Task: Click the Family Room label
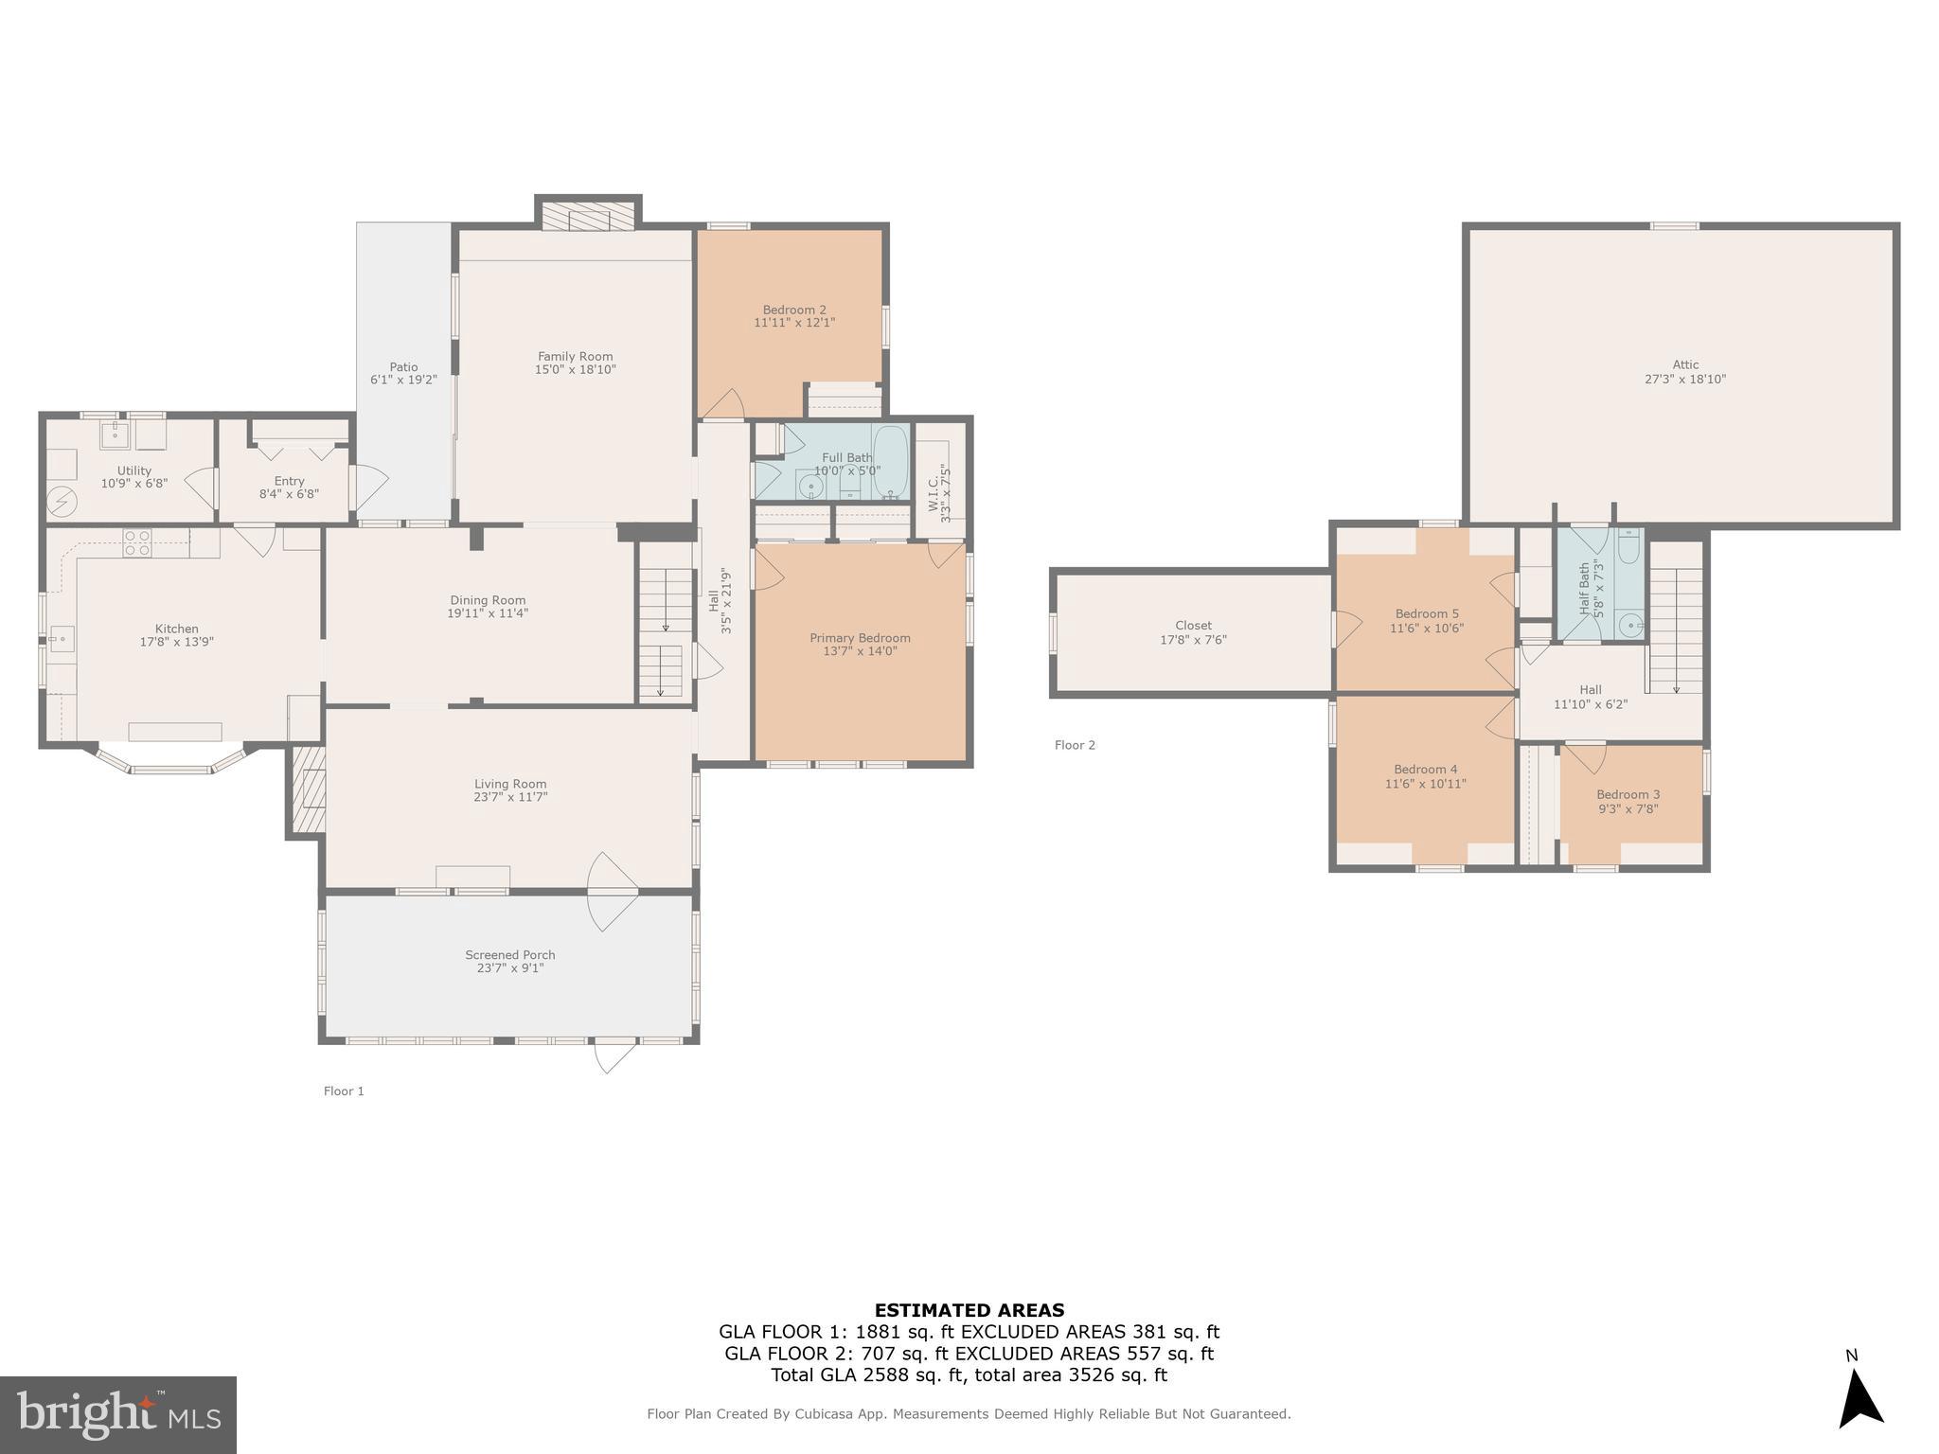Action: tap(575, 357)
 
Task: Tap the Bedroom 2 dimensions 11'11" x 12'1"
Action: tap(794, 323)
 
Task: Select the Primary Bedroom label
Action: tap(860, 638)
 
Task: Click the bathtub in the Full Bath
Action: tap(890, 461)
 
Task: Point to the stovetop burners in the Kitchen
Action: tap(137, 542)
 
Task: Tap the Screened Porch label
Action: tap(510, 955)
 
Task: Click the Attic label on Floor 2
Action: tap(1685, 364)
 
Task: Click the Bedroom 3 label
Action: tap(1628, 794)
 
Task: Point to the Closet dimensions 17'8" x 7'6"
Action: tap(1193, 640)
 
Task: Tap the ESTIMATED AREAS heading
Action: tap(969, 1310)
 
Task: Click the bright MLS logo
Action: tap(118, 1414)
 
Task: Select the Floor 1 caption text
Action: tap(344, 1091)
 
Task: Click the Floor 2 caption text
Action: tap(1075, 745)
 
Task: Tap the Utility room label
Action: tap(134, 470)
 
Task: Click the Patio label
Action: tap(403, 367)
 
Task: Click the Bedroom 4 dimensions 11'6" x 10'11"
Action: tap(1425, 784)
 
